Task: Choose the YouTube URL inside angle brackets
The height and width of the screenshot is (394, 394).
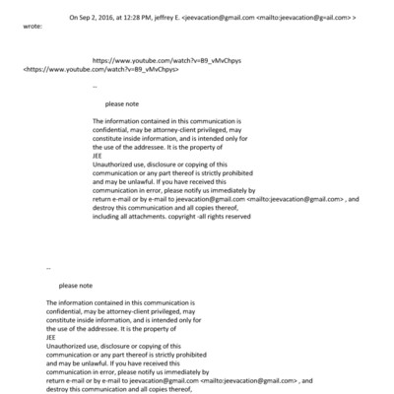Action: pos(72,72)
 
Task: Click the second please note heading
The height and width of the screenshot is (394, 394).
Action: pos(75,285)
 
